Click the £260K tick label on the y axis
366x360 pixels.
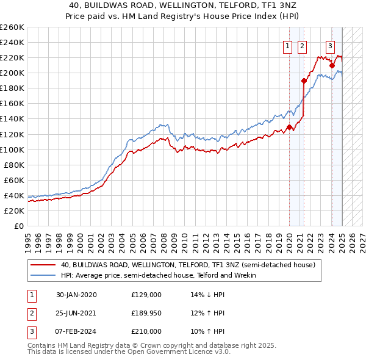tap(12, 27)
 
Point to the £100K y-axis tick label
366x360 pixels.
tap(12, 149)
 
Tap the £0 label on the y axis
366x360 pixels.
tap(18, 226)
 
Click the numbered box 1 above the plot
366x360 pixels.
tap(287, 44)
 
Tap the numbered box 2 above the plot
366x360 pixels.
tap(303, 44)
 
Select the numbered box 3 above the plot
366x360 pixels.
tap(330, 44)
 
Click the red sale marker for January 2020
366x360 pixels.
tap(289, 128)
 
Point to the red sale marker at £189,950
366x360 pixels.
tap(303, 81)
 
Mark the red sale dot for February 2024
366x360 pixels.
tap(332, 65)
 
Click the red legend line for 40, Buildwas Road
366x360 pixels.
tap(43, 265)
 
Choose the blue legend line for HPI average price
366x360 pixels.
tap(43, 275)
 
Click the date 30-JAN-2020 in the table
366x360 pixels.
tap(76, 295)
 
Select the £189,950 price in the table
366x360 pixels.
tap(146, 313)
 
